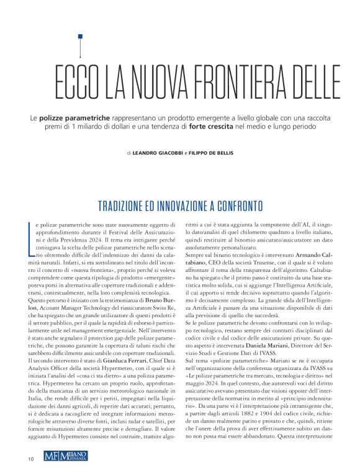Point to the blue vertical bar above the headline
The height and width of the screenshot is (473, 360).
79,45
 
